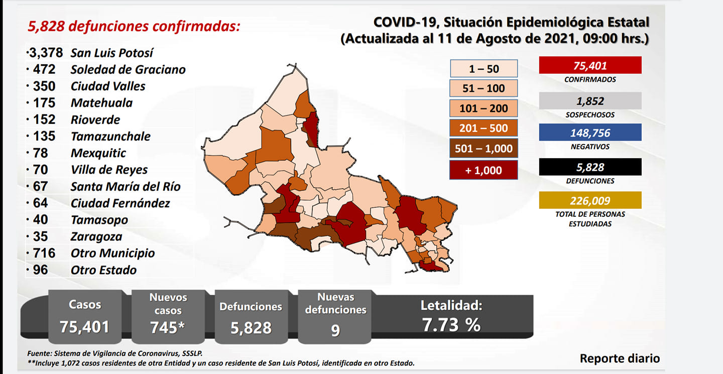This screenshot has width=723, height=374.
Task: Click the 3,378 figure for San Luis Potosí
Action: tap(46, 53)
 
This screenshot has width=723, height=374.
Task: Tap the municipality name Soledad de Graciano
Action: tap(128, 69)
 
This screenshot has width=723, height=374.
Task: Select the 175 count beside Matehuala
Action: tap(44, 103)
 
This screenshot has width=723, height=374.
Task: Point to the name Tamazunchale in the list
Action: tap(110, 137)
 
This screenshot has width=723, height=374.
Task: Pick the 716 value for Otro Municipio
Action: tap(44, 254)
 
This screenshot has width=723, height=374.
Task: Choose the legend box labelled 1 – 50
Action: tap(484, 68)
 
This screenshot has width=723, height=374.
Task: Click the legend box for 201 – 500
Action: tap(484, 128)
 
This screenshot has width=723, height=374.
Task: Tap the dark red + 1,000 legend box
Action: tap(484, 170)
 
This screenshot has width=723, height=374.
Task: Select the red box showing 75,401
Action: tap(590, 65)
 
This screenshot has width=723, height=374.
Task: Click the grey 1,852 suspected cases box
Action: tap(590, 101)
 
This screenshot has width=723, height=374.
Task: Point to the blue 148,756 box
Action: tap(590, 133)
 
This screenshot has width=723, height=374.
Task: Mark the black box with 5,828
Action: tap(590, 167)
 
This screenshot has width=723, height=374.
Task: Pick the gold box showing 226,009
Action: tap(590, 200)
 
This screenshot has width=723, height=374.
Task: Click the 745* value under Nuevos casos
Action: tap(168, 327)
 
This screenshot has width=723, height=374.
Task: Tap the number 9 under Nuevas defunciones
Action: tap(335, 330)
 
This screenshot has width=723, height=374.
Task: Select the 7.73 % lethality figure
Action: tap(451, 325)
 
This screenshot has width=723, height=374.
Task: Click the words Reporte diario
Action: tap(620, 358)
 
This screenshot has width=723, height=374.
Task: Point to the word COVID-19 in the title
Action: tap(405, 22)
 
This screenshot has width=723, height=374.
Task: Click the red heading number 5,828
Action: tap(46, 26)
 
